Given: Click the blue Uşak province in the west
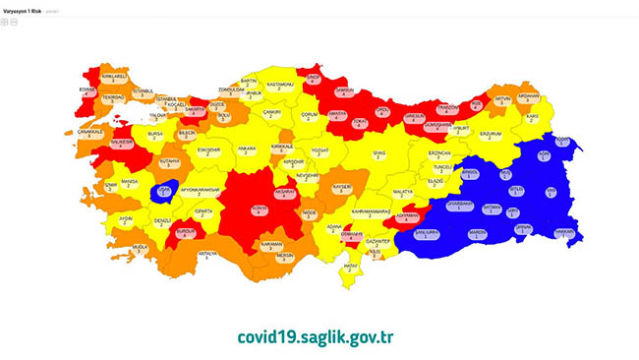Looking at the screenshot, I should [164, 191].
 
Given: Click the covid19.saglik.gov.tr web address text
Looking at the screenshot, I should [316, 336].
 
